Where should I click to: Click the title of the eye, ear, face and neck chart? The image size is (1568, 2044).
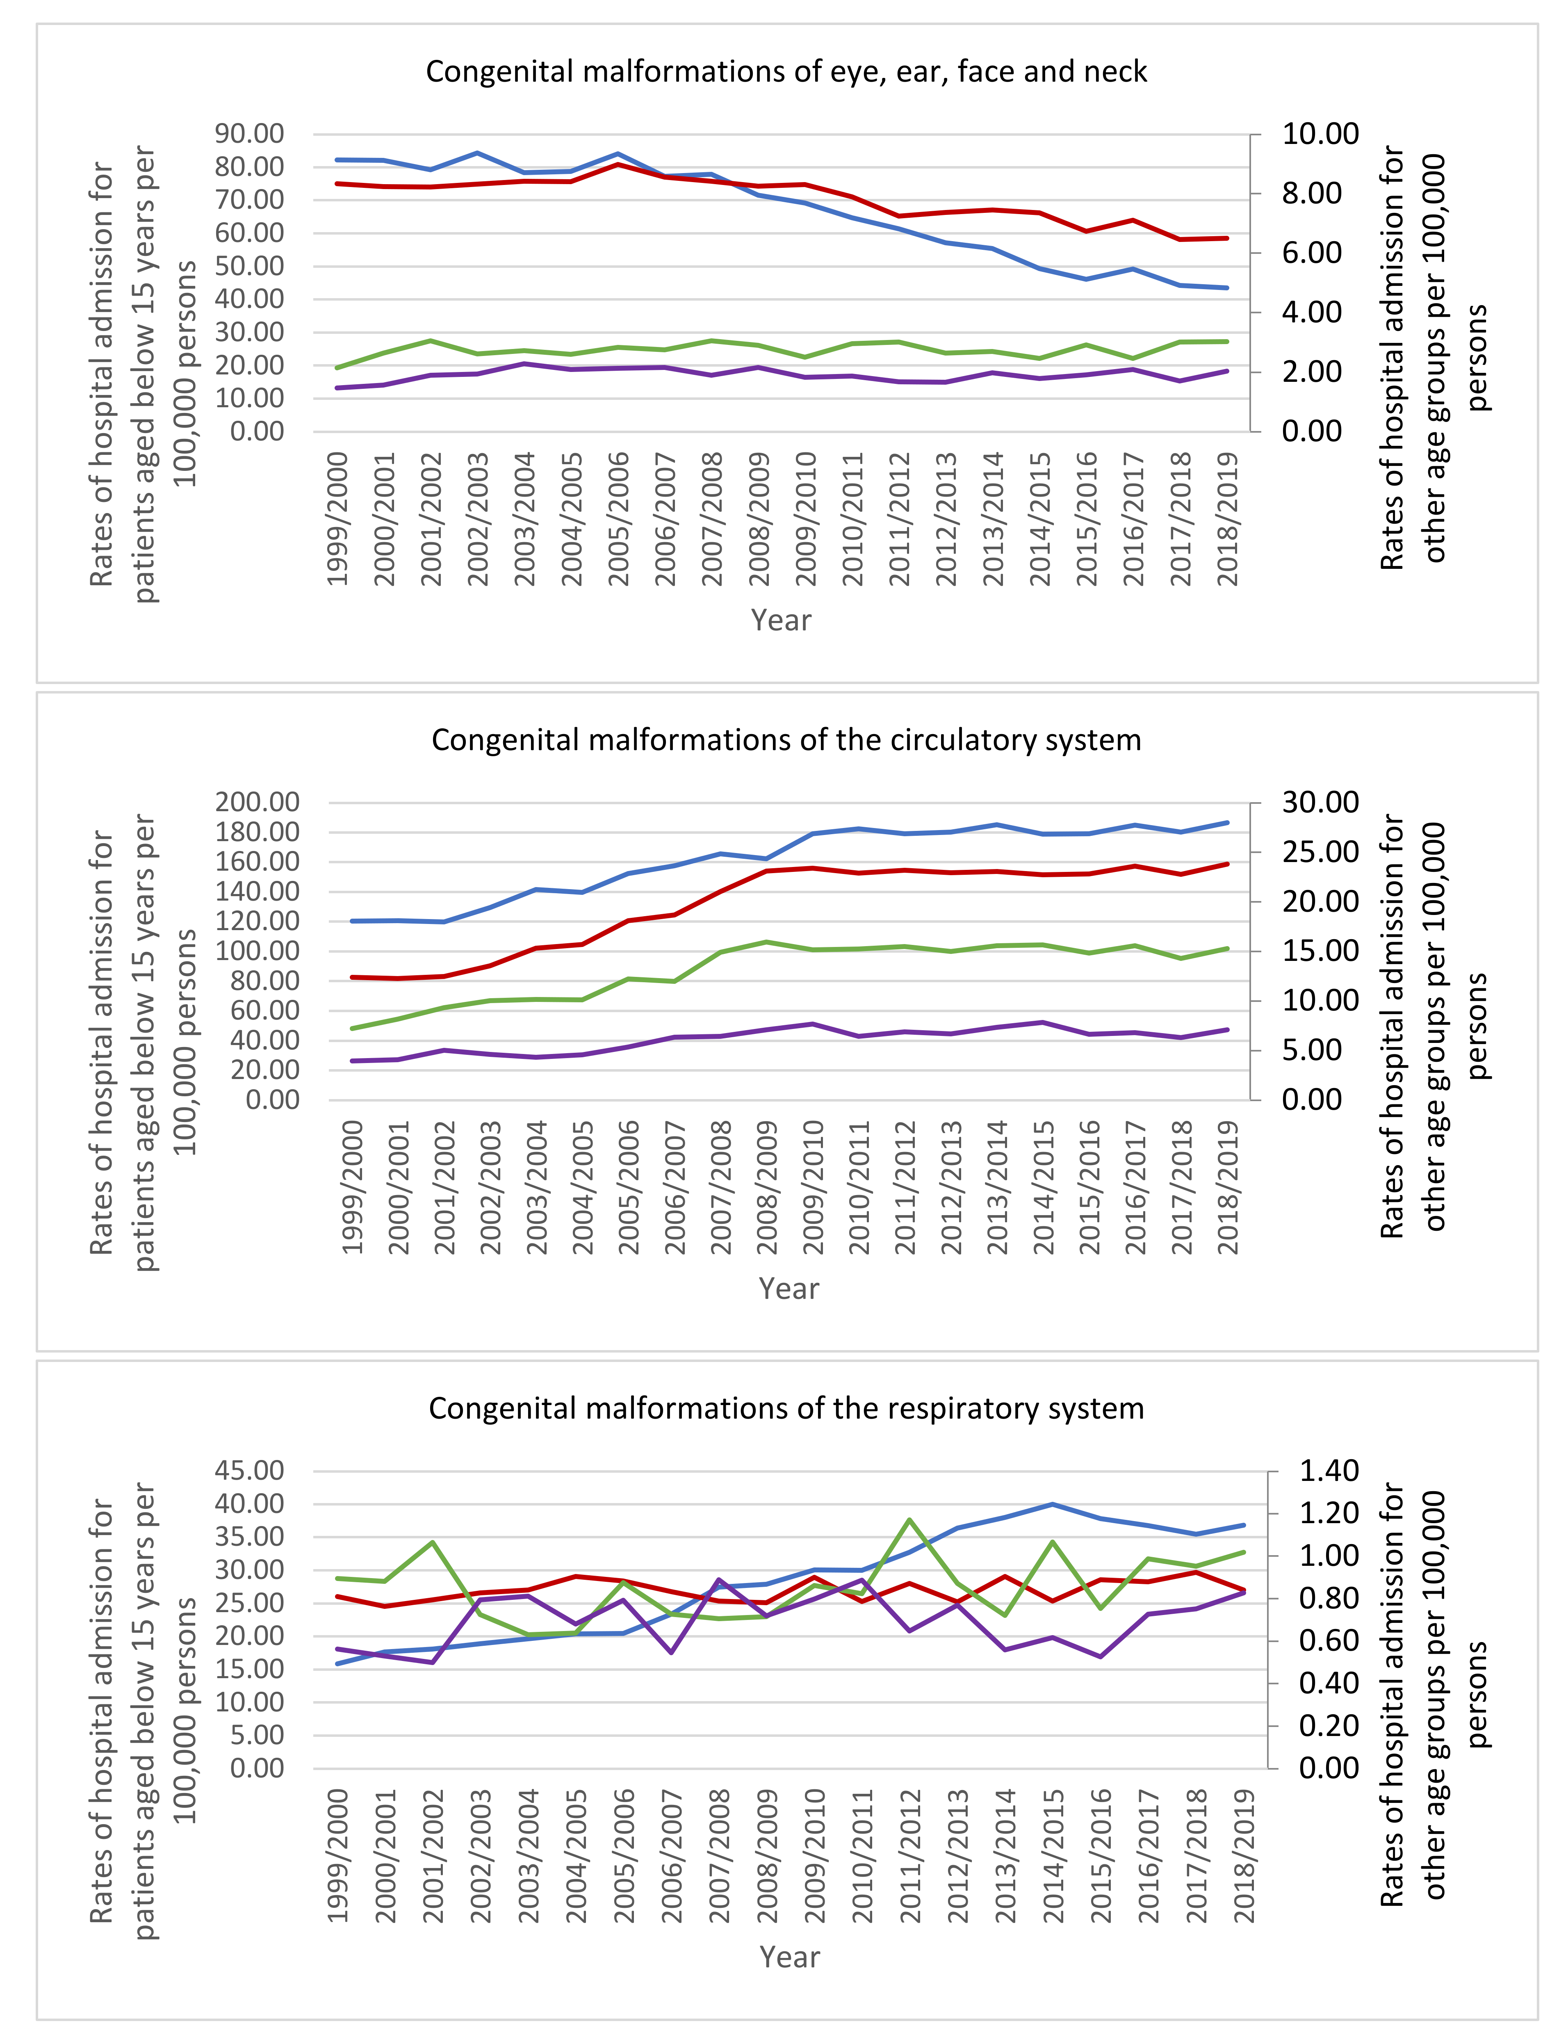tap(786, 72)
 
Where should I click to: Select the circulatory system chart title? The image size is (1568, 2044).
tap(786, 740)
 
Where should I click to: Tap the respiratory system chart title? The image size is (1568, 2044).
tap(786, 1408)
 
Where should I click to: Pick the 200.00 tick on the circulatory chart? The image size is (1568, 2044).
tap(258, 802)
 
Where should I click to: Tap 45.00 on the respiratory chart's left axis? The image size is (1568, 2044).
tap(250, 1471)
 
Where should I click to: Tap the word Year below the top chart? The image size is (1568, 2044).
tap(781, 620)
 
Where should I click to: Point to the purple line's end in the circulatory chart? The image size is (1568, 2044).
tap(1227, 1029)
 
